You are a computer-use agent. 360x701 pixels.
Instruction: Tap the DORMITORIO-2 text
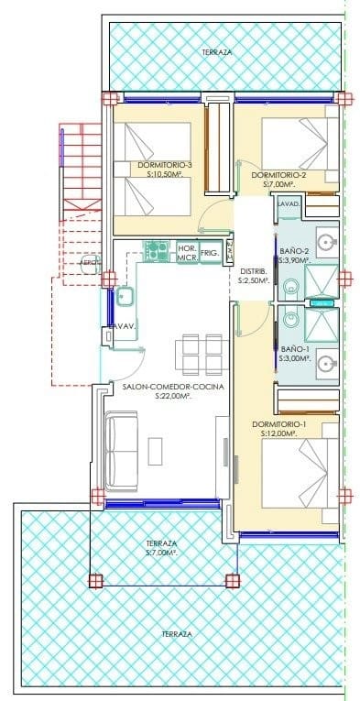pos(278,174)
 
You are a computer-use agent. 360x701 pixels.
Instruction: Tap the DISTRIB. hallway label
pos(254,271)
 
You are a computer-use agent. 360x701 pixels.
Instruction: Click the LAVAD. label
pos(288,204)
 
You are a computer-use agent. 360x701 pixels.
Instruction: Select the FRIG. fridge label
pos(210,252)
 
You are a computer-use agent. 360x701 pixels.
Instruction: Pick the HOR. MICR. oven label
pos(187,253)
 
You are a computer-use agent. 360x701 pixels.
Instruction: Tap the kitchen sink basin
pos(126,296)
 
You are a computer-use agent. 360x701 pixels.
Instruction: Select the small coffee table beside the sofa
pos(155,449)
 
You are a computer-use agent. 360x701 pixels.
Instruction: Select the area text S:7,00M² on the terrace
pos(163,553)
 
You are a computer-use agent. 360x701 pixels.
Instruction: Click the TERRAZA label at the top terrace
pos(217,53)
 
